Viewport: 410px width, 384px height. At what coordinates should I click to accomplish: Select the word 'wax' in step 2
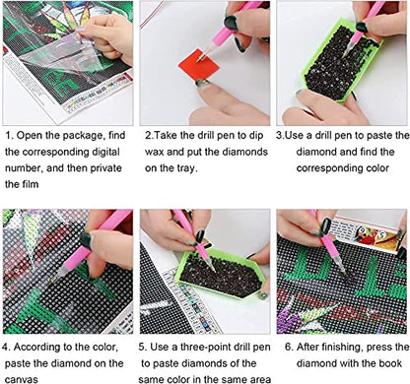[x=156, y=153]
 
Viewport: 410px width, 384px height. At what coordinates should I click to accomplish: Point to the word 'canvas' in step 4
[x=22, y=379]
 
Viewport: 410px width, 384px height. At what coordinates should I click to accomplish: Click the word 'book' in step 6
[x=390, y=363]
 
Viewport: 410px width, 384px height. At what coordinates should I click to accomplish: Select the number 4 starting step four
[x=5, y=348]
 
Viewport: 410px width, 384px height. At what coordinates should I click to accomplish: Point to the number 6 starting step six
[x=288, y=348]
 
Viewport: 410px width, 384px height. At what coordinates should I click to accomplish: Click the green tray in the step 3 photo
[x=341, y=61]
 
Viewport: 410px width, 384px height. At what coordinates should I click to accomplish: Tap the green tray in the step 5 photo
[x=221, y=274]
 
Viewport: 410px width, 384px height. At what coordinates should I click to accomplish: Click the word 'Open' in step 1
[x=28, y=136]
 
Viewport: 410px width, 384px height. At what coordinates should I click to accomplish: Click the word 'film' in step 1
[x=31, y=184]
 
